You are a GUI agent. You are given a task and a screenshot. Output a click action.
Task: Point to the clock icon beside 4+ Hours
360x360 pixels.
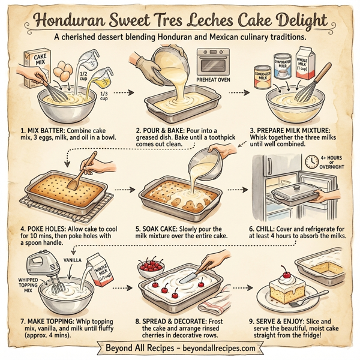(x=311, y=161)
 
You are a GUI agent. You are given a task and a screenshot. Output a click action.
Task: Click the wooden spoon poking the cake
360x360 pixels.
(x=85, y=170)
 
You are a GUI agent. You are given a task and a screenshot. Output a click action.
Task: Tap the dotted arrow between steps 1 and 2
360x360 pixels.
(x=123, y=93)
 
